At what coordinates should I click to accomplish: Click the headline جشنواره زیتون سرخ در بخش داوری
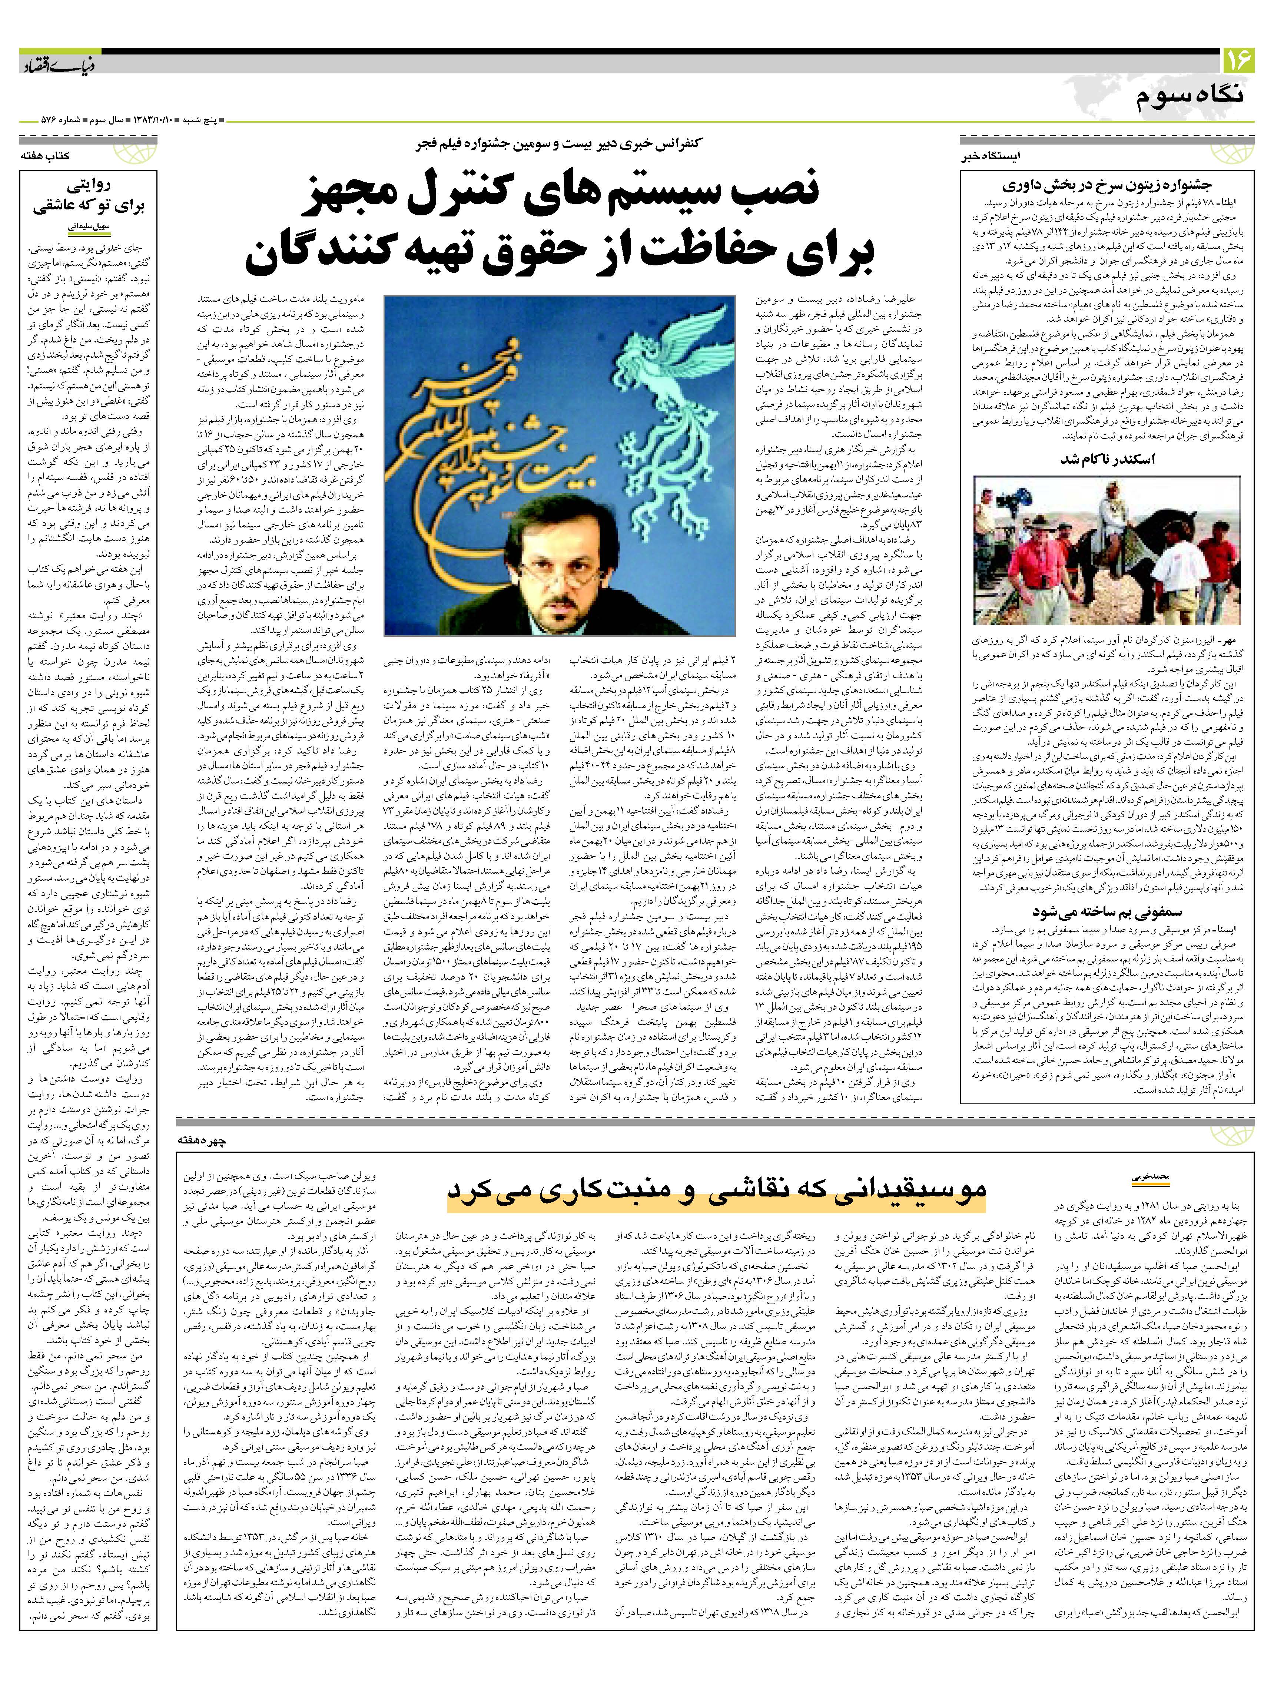click(1106, 185)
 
